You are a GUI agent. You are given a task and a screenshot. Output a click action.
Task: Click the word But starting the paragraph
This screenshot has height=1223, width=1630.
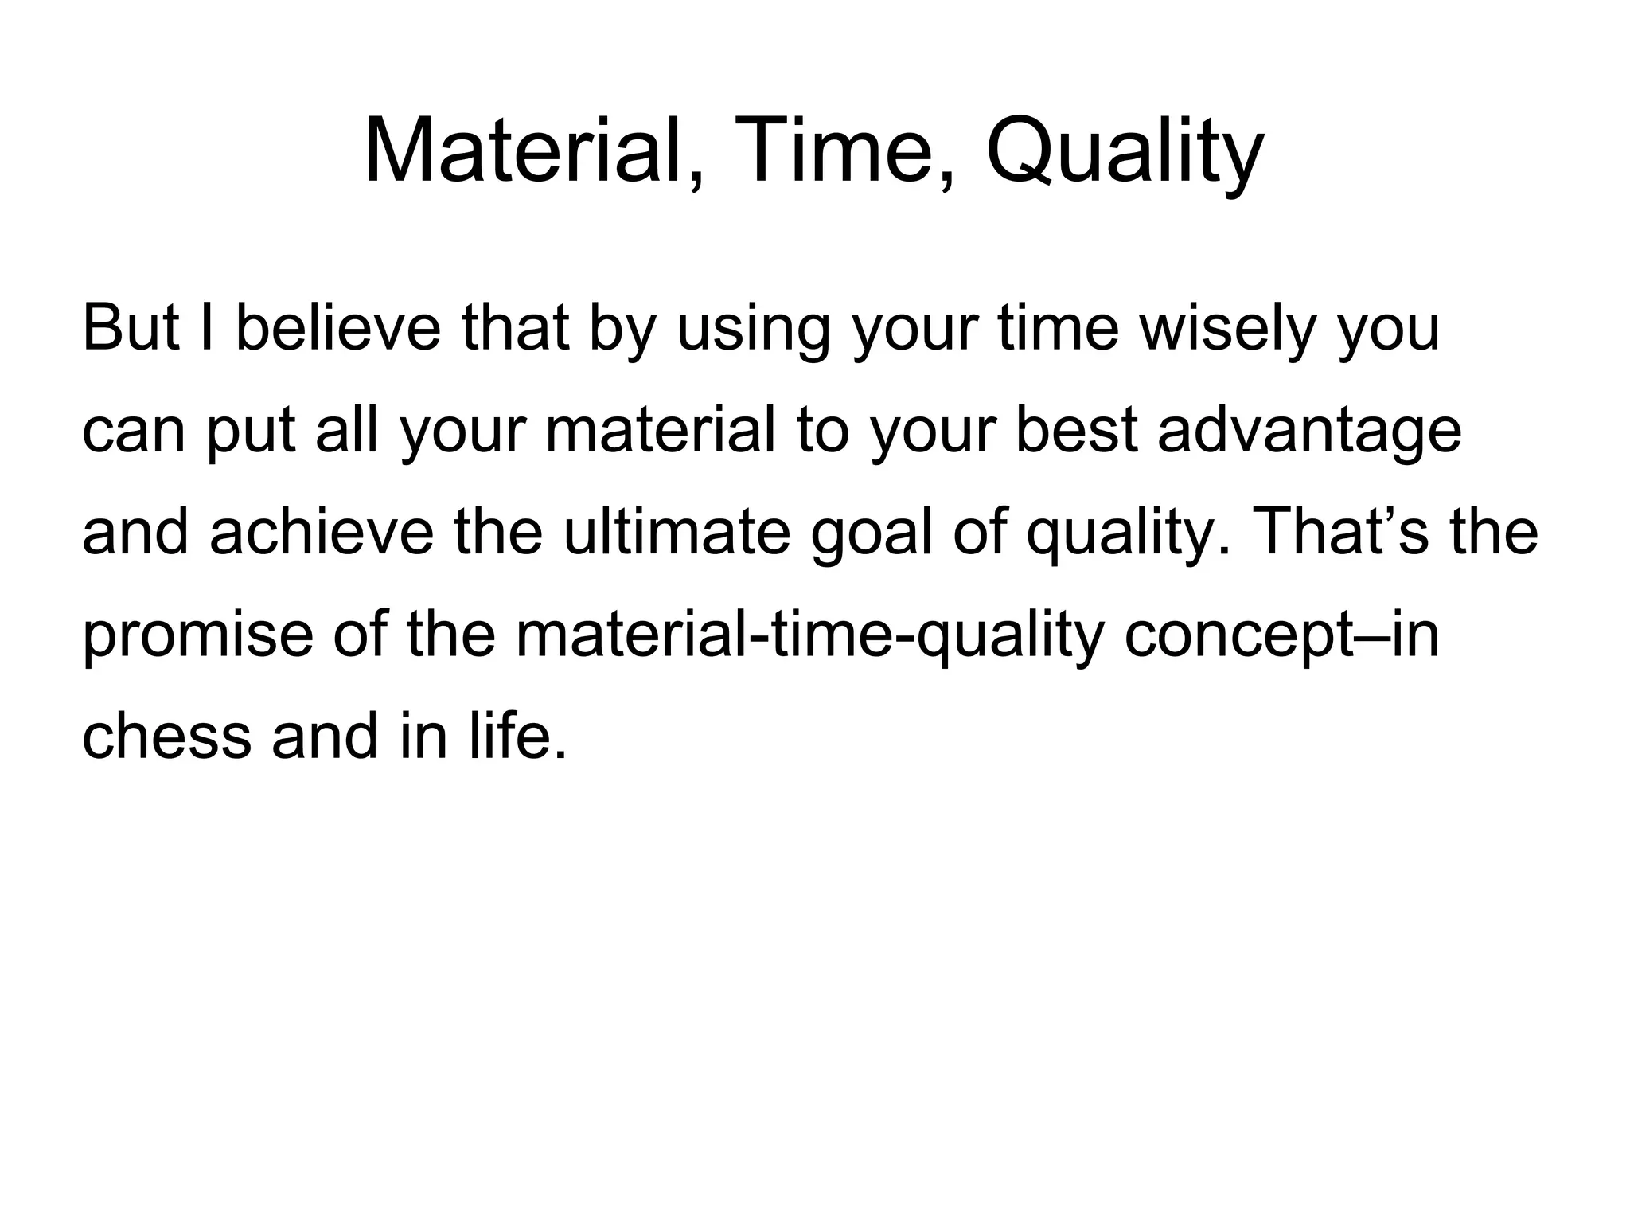click(x=132, y=328)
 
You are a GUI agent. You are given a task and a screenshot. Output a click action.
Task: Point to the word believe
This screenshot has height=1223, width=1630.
click(x=338, y=328)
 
